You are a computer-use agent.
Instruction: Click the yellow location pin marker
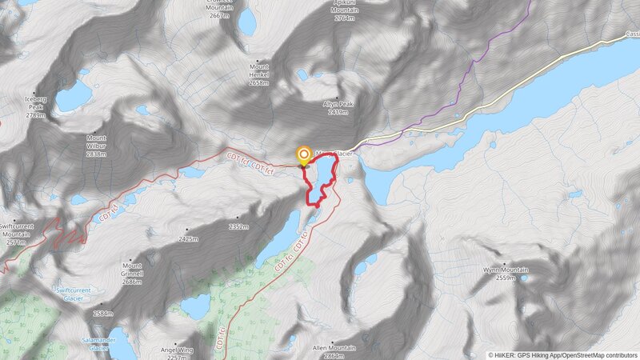304,155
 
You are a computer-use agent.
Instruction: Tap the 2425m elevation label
190,238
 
